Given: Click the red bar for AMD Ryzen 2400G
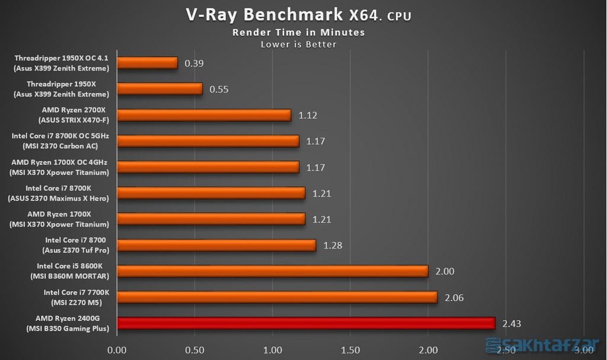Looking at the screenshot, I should click(306, 323).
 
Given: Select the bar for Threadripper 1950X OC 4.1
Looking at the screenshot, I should click(148, 63).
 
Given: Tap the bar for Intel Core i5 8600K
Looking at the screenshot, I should click(273, 271).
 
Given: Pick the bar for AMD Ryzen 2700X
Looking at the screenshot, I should click(204, 115).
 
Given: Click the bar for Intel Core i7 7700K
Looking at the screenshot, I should click(277, 297).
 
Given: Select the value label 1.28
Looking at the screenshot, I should click(333, 245).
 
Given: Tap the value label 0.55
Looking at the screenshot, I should click(219, 89).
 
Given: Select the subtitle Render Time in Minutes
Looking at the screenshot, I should click(298, 32).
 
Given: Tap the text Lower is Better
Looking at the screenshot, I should click(299, 44).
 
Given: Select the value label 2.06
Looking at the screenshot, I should click(455, 297).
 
